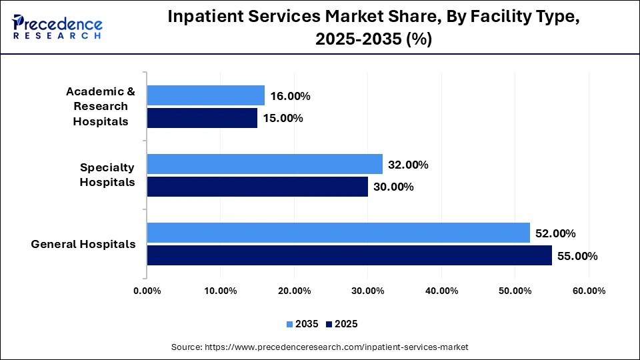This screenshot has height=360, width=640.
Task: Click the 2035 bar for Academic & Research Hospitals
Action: pos(205,95)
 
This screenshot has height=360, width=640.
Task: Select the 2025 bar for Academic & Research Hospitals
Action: pos(202,118)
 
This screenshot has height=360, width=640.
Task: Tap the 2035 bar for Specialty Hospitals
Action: pos(265,164)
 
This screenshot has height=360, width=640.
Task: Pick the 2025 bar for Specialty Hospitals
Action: pos(257,187)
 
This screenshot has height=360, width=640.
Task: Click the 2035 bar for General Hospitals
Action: pos(338,233)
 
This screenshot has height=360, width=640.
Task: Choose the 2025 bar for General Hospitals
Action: pos(349,255)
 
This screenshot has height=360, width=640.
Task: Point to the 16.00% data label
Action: pos(291,96)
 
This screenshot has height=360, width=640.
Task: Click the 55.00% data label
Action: pos(577,256)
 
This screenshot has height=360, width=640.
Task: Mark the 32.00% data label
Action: pos(408,165)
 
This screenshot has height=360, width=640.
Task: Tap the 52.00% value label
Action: pos(555,233)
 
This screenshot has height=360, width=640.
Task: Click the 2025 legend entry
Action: pos(341,324)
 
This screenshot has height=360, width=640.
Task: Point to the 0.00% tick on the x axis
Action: pos(147,291)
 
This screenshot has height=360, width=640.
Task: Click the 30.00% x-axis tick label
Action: pos(367,291)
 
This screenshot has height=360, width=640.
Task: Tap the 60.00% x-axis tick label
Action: pos(588,291)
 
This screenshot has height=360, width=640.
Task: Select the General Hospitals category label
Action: pos(83,244)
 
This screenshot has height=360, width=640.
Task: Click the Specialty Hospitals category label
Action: pos(107,175)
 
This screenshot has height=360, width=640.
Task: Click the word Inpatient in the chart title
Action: pos(207,18)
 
